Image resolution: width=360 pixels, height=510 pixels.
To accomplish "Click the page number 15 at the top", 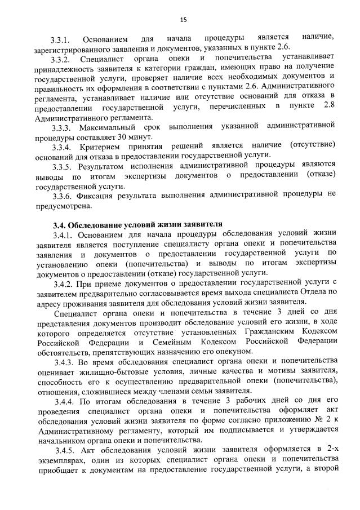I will (x=183, y=19).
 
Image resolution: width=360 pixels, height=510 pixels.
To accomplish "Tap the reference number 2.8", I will (x=331, y=107).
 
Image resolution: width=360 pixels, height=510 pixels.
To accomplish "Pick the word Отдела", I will (x=315, y=292).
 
